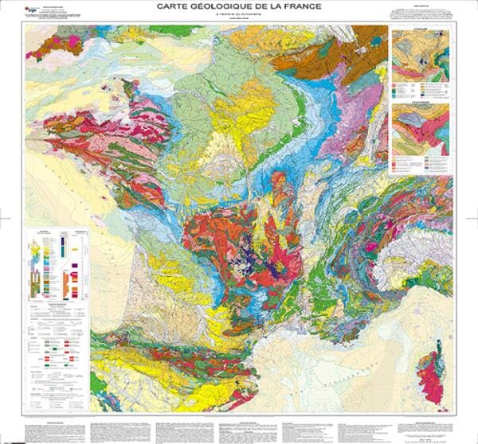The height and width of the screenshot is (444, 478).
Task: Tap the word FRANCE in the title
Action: tap(298, 8)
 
